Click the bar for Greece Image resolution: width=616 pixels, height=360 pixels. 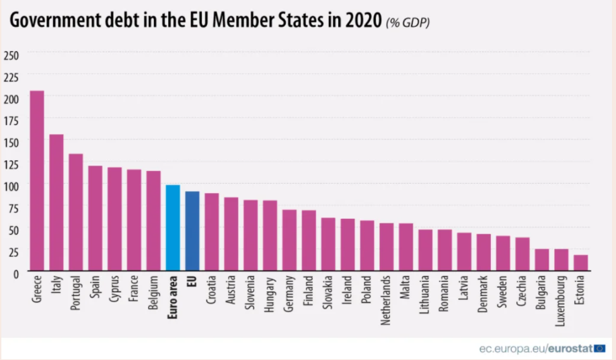[x=37, y=182]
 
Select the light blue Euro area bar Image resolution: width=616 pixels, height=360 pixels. [x=173, y=228]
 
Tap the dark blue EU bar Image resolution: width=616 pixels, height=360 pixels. [x=192, y=231]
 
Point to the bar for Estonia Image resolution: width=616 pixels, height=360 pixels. [x=580, y=263]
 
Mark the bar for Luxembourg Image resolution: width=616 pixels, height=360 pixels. [x=561, y=260]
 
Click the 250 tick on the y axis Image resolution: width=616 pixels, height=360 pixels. [x=11, y=54]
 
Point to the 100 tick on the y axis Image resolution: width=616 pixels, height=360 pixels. [x=11, y=185]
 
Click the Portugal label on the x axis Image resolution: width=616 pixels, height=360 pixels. [x=76, y=293]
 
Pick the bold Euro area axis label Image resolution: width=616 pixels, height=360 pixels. [x=173, y=296]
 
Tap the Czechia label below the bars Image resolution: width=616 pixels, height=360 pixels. [x=523, y=292]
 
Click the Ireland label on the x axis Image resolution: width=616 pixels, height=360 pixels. [x=348, y=291]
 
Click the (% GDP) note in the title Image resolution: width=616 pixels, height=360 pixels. [x=408, y=23]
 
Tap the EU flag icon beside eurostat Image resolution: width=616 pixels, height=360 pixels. [x=599, y=349]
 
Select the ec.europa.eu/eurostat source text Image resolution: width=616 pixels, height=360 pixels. [x=535, y=349]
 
